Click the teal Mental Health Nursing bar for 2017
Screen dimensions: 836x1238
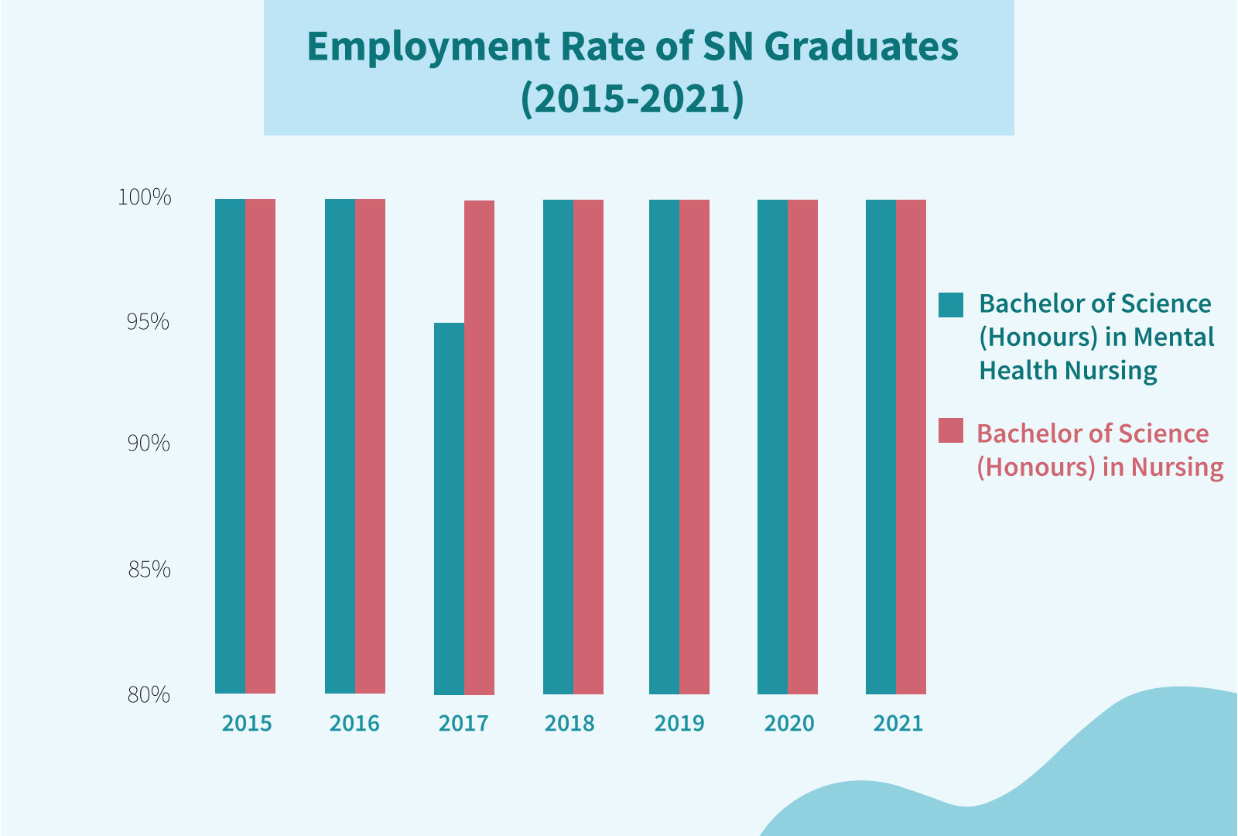tap(449, 508)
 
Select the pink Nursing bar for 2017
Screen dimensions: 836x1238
tap(479, 447)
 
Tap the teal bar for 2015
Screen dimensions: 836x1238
tap(230, 446)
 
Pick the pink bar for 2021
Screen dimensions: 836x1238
tap(911, 446)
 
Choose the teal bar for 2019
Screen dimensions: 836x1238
tap(664, 446)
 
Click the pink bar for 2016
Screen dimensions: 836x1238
tap(370, 446)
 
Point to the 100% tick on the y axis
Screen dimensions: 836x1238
tap(145, 197)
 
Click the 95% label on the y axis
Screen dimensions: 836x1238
tap(148, 321)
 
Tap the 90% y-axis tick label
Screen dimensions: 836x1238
tap(149, 444)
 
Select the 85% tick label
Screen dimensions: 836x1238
tap(149, 570)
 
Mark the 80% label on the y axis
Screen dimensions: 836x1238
tap(149, 694)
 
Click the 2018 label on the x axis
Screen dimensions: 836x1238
tap(569, 723)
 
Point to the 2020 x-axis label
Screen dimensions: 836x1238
tap(789, 723)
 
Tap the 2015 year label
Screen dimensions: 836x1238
tap(247, 723)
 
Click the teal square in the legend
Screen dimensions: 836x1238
tap(951, 305)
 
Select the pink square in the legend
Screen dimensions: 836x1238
tap(951, 430)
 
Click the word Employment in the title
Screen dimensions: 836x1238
tap(427, 48)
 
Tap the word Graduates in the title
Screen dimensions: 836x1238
tap(860, 46)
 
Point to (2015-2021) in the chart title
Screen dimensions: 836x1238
tap(632, 98)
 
